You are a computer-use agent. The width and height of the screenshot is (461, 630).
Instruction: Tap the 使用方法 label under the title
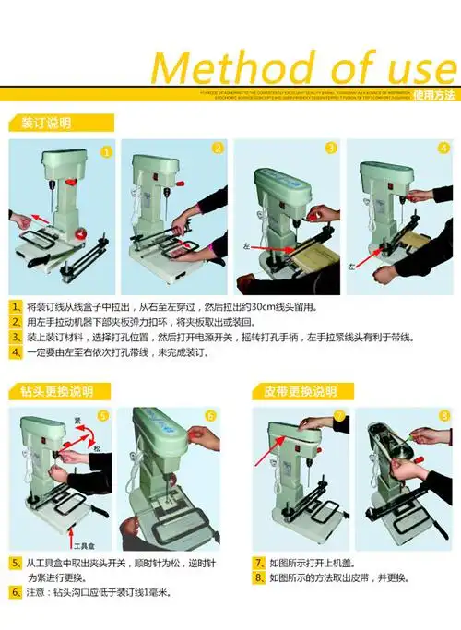[434, 94]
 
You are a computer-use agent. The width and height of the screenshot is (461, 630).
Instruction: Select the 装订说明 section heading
[46, 123]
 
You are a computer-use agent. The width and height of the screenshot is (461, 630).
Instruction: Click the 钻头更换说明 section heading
[57, 391]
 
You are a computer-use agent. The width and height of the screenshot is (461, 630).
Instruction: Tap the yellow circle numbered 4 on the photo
[444, 148]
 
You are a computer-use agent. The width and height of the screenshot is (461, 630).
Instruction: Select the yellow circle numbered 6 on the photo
[209, 416]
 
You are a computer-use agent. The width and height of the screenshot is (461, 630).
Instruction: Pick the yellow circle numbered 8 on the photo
[444, 416]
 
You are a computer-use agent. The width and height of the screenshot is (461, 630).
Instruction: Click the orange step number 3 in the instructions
[17, 337]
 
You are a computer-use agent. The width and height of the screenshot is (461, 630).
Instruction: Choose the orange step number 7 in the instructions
[260, 562]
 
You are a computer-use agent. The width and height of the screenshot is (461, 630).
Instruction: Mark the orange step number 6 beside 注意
[17, 592]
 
